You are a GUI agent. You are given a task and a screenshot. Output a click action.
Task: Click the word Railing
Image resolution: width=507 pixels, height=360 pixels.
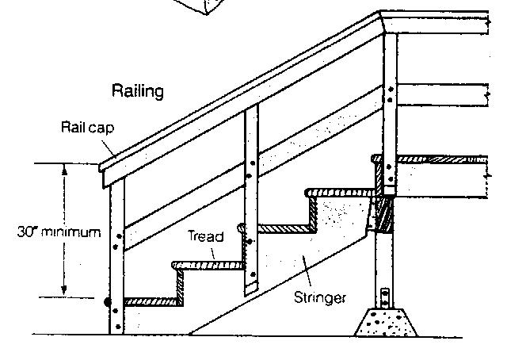(x=138, y=91)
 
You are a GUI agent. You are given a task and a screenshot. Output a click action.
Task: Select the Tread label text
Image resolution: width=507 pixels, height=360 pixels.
(x=206, y=236)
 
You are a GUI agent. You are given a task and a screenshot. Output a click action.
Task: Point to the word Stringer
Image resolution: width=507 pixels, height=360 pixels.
(x=319, y=298)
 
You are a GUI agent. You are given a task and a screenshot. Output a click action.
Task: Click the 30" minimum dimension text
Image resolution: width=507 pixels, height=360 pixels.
(x=60, y=232)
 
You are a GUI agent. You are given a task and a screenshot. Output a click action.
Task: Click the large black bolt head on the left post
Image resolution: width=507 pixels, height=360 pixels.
(x=108, y=301)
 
